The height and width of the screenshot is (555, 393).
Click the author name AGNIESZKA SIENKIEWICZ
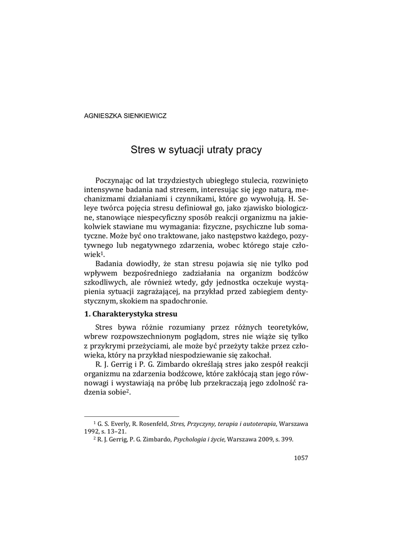(121, 115)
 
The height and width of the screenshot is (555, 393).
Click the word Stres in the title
(142, 150)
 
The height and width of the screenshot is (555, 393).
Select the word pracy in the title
(249, 151)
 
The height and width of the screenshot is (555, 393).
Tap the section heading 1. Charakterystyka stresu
(131, 314)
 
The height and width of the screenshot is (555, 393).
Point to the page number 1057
(300, 458)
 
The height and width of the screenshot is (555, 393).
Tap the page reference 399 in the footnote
(287, 440)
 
